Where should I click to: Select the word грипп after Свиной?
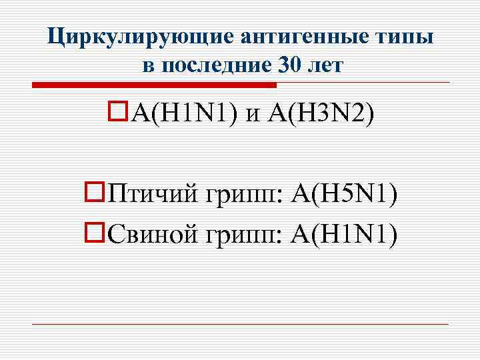(x=245, y=235)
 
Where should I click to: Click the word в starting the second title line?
(x=149, y=66)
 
